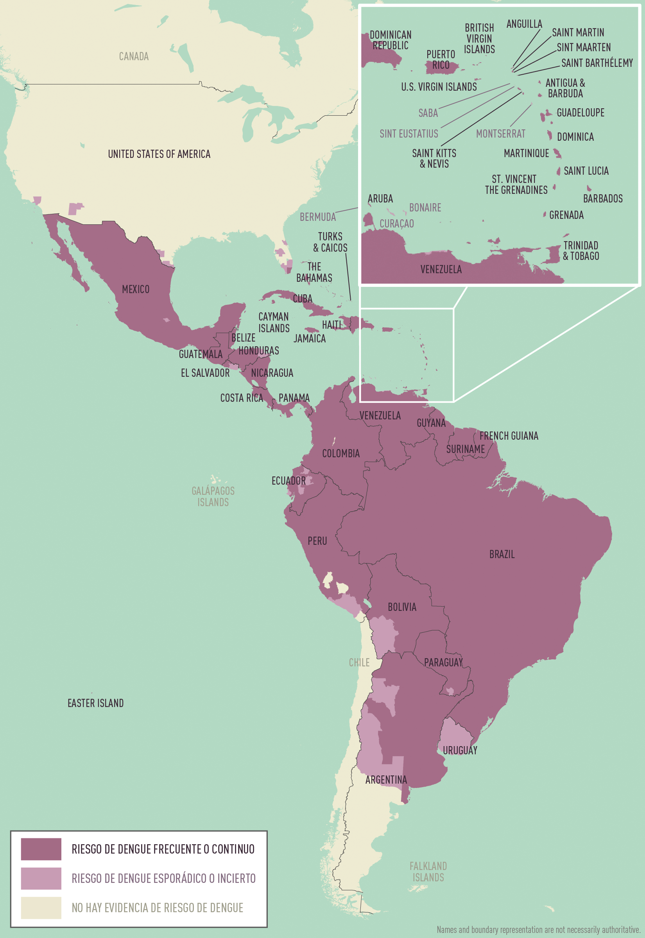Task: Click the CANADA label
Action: tap(134, 56)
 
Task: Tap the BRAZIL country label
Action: tap(502, 554)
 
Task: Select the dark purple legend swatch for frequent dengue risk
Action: tap(41, 849)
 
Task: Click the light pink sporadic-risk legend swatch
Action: tap(41, 879)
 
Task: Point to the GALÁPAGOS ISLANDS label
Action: tap(213, 496)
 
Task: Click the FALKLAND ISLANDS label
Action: tap(428, 872)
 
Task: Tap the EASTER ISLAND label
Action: tap(95, 703)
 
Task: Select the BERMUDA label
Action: tap(318, 217)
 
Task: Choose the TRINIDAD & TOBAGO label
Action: tap(581, 251)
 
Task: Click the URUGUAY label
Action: tap(460, 750)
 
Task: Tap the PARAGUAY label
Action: tap(443, 662)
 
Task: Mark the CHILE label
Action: tap(359, 662)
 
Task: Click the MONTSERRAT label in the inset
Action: tap(500, 134)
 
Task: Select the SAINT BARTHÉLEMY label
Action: tap(597, 63)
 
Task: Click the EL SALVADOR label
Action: tap(205, 373)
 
